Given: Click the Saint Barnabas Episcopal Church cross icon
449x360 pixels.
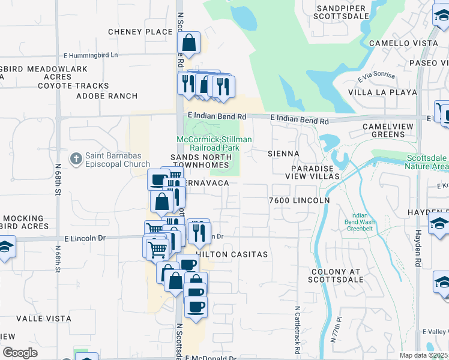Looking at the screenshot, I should point(76,159).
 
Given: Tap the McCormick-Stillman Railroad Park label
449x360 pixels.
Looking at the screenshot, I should point(214,143).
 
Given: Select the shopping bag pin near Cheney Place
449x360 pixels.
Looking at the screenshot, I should point(188,44).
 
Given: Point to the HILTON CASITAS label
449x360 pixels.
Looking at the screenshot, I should point(233,254).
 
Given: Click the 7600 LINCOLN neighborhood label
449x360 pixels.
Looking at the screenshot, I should point(300,200).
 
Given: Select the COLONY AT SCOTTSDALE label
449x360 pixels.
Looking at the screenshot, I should point(337,276).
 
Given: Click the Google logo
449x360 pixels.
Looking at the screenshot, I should point(20,353).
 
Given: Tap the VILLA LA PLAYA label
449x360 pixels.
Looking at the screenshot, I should point(382,92).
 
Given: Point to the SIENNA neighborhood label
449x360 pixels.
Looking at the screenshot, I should point(283,154).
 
